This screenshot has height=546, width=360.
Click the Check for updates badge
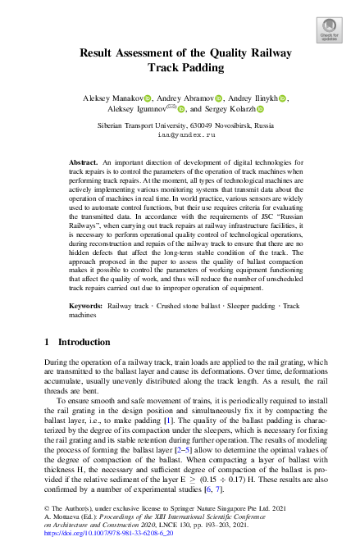[329, 30]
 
